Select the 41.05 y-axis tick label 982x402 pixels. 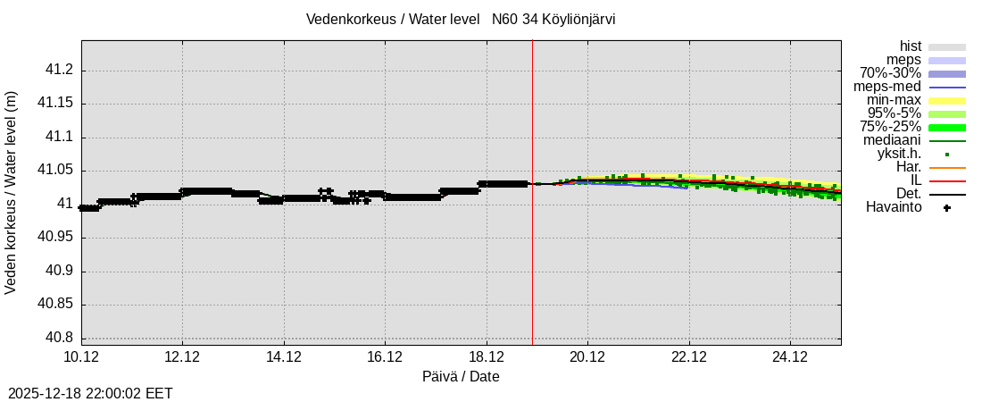click(54, 171)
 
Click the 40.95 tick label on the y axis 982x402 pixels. click(54, 238)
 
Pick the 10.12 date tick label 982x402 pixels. click(81, 356)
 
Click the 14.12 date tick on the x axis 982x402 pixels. click(284, 356)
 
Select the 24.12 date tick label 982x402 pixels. click(790, 356)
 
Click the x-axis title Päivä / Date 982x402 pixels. click(461, 377)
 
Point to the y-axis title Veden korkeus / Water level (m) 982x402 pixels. click(12, 192)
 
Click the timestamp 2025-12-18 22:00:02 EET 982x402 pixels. click(90, 393)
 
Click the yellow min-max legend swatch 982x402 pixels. click(946, 101)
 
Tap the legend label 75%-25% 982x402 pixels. click(890, 127)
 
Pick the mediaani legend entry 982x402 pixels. click(892, 140)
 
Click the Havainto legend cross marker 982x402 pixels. click(946, 208)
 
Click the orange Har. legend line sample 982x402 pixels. click(946, 168)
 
